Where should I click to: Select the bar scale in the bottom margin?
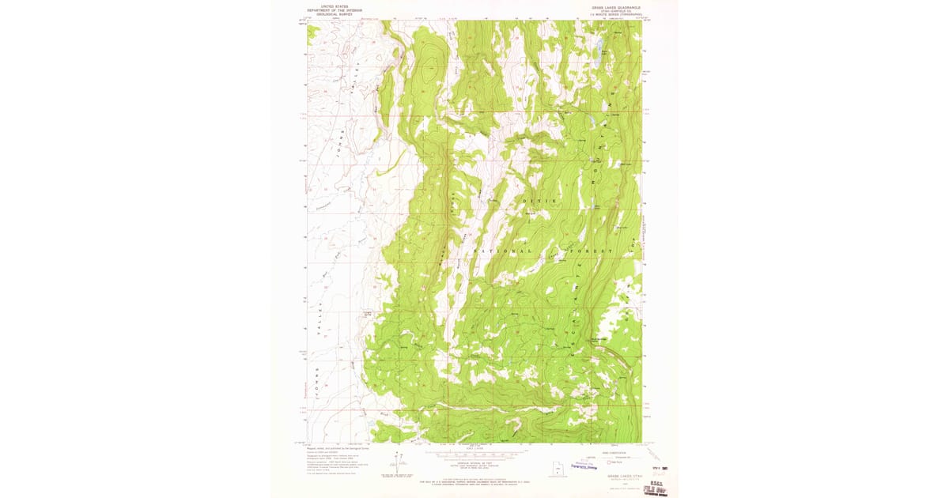coord(475,456)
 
